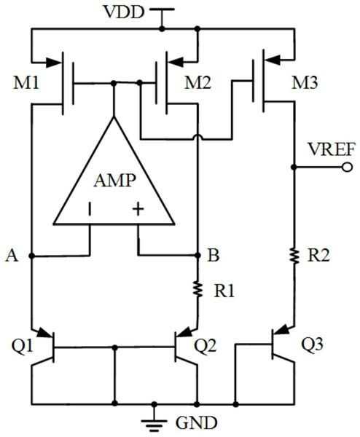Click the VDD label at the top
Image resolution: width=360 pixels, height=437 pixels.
124,12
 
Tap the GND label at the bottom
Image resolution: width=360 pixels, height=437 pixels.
197,422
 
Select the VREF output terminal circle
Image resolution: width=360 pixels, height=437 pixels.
347,168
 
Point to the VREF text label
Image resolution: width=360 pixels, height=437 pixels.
332,149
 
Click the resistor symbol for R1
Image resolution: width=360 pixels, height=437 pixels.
197,289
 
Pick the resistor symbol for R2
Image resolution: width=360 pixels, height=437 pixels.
294,256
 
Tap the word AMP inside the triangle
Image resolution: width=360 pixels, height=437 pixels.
115,181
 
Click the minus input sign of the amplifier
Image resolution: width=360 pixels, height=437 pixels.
90,209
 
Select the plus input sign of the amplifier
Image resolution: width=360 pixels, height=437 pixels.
138,209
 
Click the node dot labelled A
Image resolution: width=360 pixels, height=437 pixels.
31,256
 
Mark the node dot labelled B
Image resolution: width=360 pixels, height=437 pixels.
197,255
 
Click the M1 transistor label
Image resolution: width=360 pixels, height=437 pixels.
26,83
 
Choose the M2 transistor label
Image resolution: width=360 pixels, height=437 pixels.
197,83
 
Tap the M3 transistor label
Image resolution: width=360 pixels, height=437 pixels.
304,83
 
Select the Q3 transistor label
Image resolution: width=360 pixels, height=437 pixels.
313,344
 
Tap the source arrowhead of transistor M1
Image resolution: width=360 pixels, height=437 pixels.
53,63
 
